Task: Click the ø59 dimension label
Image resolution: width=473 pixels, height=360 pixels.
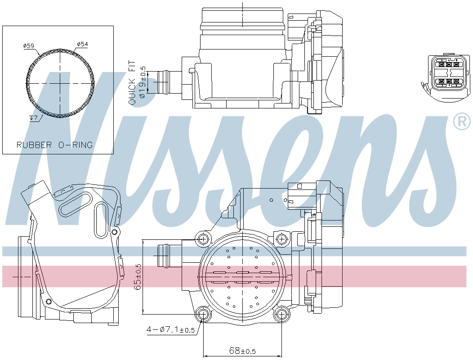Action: click(29, 46)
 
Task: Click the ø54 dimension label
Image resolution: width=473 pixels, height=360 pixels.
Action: click(82, 44)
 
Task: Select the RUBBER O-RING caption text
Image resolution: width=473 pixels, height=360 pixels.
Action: click(54, 145)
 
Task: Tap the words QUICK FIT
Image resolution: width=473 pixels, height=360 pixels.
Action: click(132, 83)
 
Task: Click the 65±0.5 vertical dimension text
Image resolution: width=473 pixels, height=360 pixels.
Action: click(138, 277)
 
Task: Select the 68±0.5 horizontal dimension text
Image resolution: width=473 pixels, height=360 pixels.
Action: click(242, 351)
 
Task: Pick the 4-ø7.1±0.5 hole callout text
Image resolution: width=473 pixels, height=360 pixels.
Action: click(171, 329)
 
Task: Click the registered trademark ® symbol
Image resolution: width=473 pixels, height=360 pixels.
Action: click(462, 121)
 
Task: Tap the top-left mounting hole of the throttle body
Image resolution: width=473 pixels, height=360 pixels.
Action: click(203, 239)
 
